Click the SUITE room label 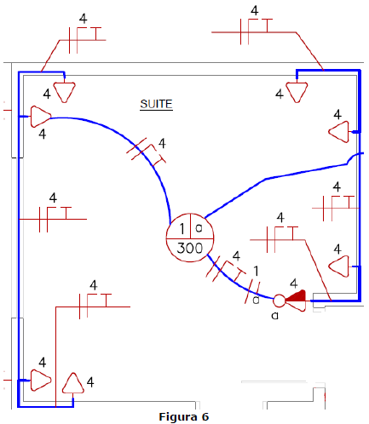pos(156,104)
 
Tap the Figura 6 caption pos(184,416)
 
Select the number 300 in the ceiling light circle pos(190,248)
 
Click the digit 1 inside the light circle pos(182,228)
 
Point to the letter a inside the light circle pos(199,228)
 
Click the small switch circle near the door pos(279,301)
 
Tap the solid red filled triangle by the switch pos(296,295)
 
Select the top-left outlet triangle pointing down pos(65,92)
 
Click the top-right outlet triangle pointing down pos(297,92)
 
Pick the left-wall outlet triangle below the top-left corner pos(40,117)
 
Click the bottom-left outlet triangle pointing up pos(73,383)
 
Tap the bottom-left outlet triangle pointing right pos(40,380)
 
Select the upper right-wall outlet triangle pos(339,132)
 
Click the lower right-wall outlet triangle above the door pos(339,266)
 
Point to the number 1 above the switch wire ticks pos(256,271)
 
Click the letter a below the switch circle pos(274,316)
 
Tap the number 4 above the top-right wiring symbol pos(255,10)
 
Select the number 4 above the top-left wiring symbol pos(83,19)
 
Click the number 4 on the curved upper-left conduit pos(162,143)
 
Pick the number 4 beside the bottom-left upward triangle pos(90,382)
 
